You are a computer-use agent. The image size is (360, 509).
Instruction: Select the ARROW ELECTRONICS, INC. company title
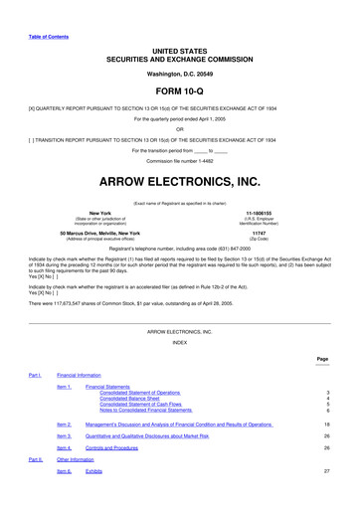(180, 182)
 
